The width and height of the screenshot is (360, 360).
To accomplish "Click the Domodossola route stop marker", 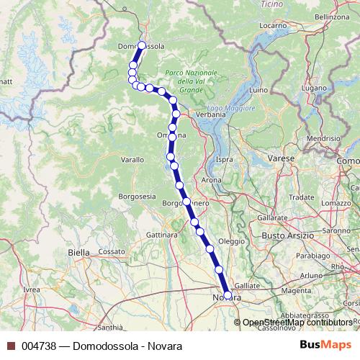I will (141, 45).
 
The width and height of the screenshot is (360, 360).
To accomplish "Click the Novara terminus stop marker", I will (228, 295).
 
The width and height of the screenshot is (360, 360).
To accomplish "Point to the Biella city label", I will (78, 253).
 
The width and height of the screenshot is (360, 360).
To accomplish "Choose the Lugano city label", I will (315, 88).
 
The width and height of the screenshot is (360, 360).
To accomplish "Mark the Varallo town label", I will (132, 159).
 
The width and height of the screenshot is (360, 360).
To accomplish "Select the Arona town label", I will (212, 179).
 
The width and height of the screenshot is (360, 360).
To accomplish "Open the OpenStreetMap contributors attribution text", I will (297, 322).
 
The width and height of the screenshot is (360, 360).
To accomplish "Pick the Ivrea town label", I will (32, 289).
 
